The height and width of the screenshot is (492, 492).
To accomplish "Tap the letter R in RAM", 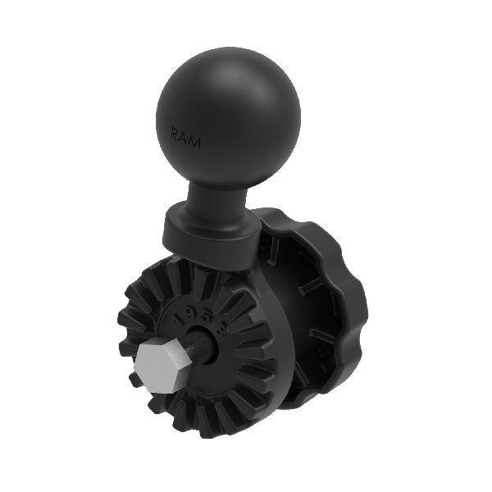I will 175,131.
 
